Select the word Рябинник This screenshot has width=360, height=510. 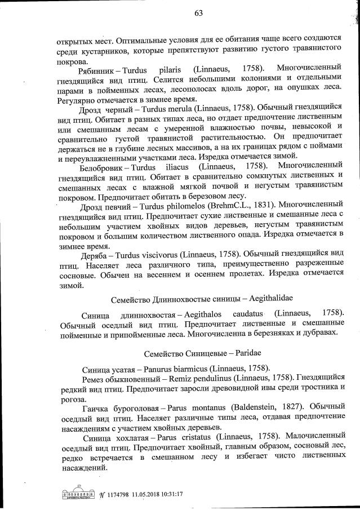tap(100, 69)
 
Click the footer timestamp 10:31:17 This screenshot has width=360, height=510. tap(169, 495)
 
